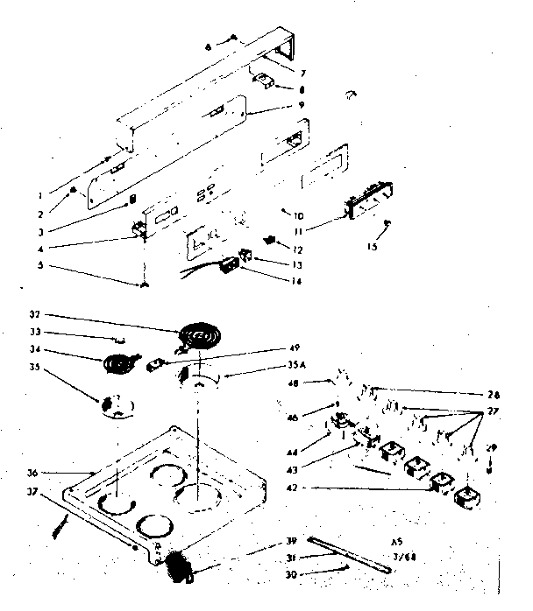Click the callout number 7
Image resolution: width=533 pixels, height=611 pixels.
tap(302, 72)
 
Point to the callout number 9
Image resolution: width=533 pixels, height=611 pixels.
tap(303, 105)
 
